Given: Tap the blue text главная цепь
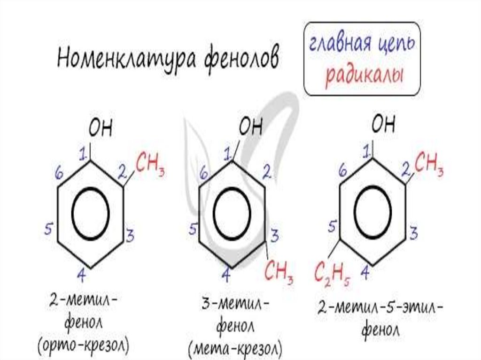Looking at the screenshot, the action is [x=361, y=45].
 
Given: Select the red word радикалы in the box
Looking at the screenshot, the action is [x=365, y=75].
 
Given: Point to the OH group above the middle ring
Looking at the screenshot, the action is [x=250, y=127].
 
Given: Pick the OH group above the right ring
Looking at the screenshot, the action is [x=383, y=125].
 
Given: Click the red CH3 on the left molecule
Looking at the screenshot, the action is [x=150, y=164].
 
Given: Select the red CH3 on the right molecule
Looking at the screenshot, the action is [x=428, y=163].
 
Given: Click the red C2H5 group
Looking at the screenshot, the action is [x=334, y=272].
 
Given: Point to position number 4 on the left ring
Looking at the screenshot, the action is [x=81, y=276].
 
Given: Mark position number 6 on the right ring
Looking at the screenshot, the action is [x=343, y=172].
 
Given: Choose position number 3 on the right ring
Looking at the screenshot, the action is [x=414, y=231].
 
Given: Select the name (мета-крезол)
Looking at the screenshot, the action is [x=235, y=348].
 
